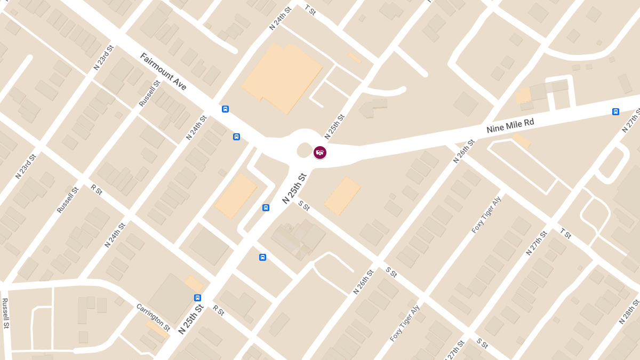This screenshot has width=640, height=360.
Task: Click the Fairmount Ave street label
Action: coord(163,71)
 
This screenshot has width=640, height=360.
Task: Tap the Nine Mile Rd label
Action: coord(510,126)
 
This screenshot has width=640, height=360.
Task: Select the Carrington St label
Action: coord(153,317)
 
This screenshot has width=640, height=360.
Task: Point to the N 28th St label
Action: coord(629,312)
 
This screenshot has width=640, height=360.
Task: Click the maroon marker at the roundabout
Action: coord(319,153)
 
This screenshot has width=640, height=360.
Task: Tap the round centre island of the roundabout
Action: coord(304,150)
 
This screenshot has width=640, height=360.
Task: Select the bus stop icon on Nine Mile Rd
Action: coord(615,111)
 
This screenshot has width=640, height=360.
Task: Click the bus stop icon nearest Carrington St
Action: coord(197,298)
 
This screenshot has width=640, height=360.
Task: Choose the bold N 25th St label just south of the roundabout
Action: coord(295,188)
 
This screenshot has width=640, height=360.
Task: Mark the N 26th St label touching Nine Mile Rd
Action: coord(463,151)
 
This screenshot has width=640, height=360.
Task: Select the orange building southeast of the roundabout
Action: coord(342,196)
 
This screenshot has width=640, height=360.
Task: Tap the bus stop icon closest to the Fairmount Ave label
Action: coord(225,109)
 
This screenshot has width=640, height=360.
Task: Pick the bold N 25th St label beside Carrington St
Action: coord(191,319)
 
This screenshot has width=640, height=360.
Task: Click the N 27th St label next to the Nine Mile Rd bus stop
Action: coord(630,121)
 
